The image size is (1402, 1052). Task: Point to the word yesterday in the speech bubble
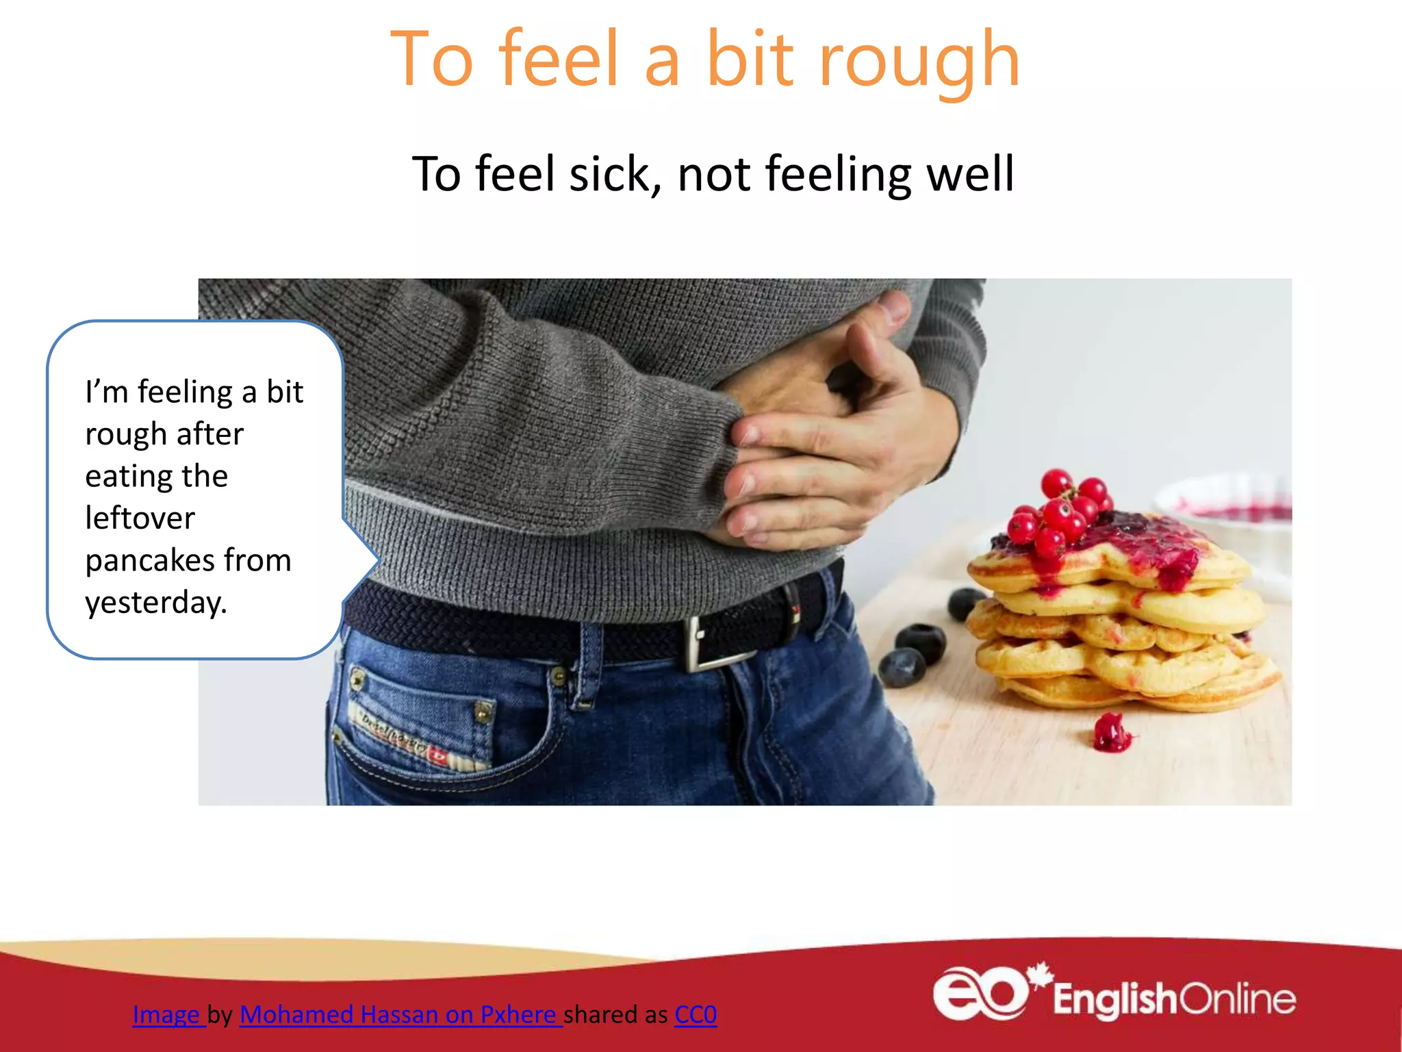(x=155, y=603)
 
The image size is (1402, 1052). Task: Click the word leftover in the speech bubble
(x=140, y=518)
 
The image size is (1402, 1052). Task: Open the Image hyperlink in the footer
(x=166, y=1014)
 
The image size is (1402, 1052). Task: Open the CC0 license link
(x=695, y=1014)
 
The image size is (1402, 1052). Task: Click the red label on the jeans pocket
(x=437, y=755)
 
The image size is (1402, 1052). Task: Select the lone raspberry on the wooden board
(x=1110, y=733)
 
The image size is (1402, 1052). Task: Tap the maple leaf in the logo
(x=1041, y=973)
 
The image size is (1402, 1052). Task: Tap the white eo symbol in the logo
(x=979, y=993)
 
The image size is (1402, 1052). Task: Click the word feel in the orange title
(x=559, y=60)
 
